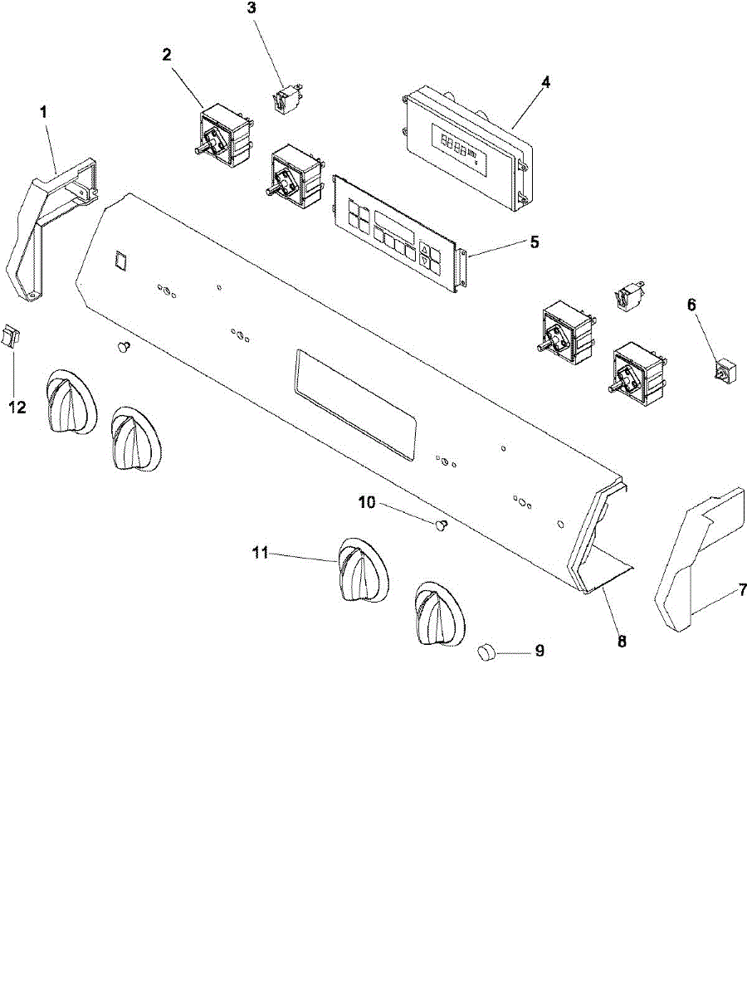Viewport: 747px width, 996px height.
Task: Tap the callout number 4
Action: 545,82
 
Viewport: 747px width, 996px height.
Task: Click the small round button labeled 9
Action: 486,653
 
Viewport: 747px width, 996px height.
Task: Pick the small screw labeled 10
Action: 441,524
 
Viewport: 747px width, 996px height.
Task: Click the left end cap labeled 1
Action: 46,224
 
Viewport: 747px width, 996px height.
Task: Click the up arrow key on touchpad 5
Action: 425,249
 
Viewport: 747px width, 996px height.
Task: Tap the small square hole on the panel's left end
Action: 121,261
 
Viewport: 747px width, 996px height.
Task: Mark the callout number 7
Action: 743,592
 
